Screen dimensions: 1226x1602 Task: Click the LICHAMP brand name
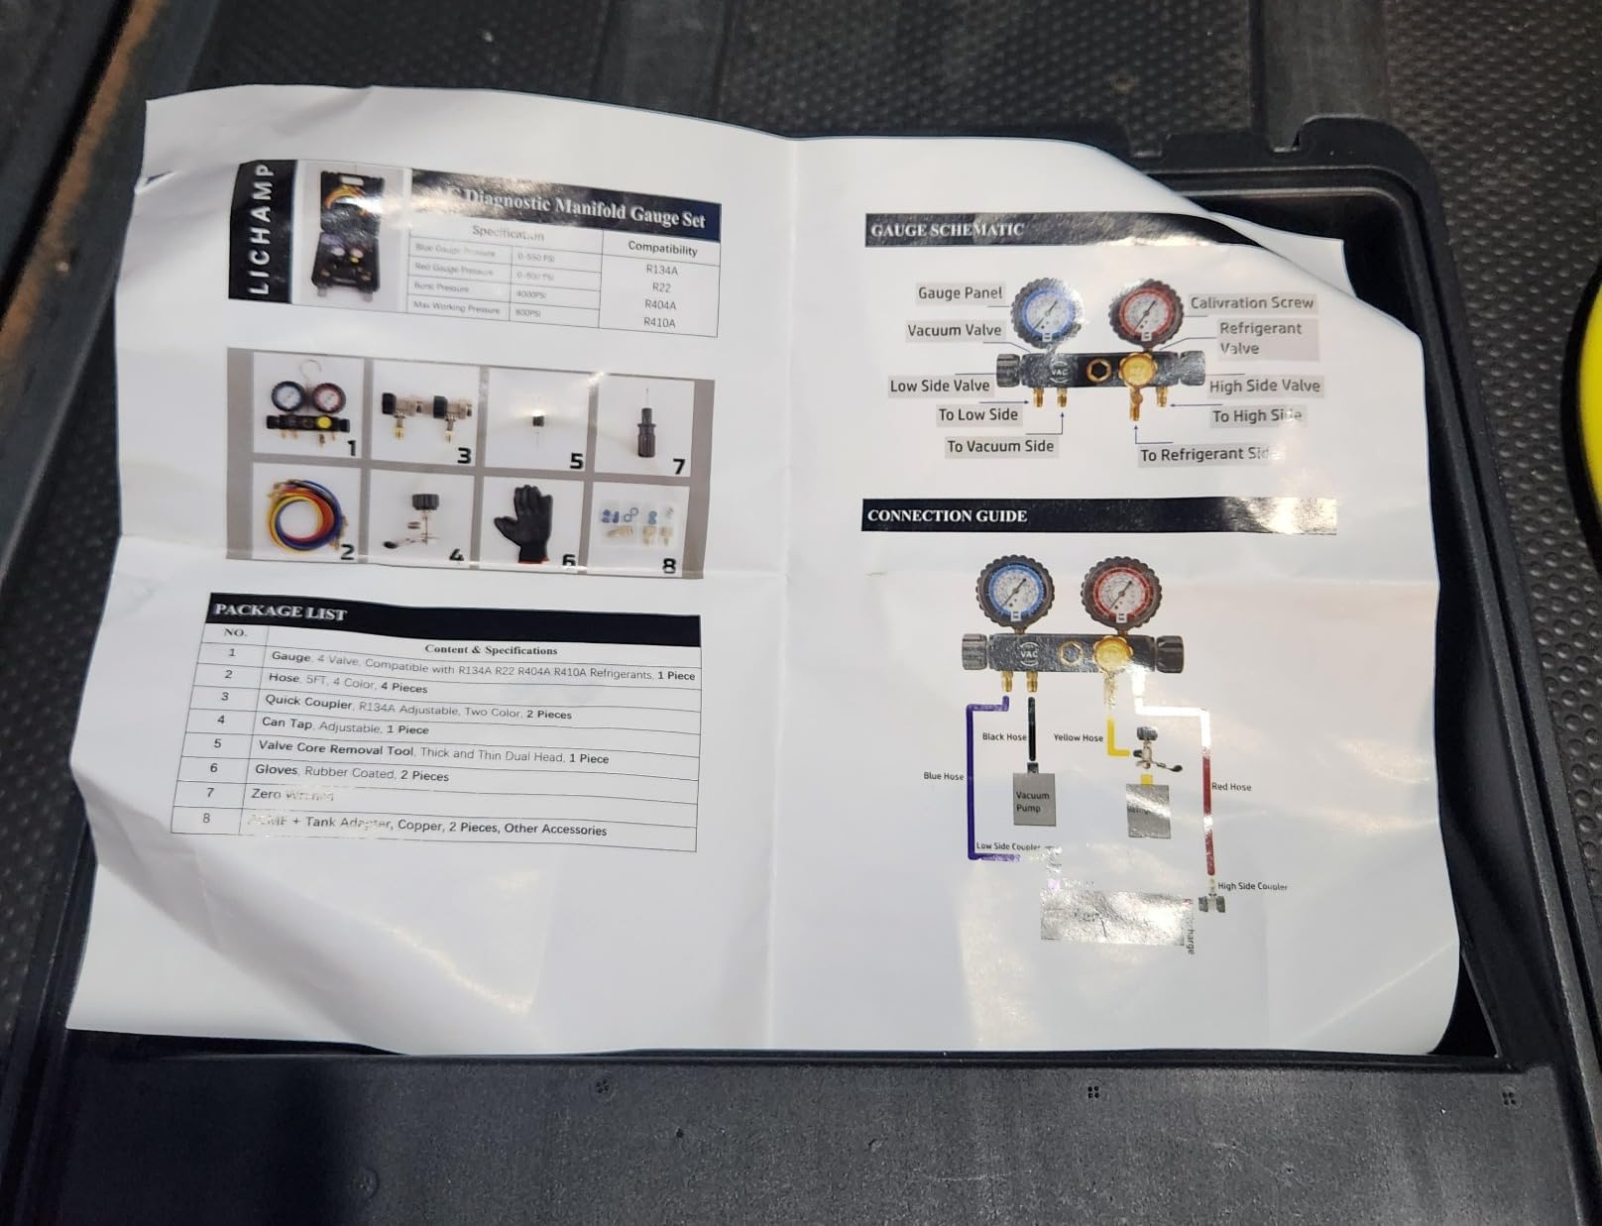(x=257, y=230)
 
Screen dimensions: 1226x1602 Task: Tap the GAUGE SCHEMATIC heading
(x=947, y=230)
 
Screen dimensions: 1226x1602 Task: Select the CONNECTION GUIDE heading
(x=947, y=515)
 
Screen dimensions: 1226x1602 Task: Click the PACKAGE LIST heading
(x=281, y=612)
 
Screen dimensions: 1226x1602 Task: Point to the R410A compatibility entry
(x=659, y=322)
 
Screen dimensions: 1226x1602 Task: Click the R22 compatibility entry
(x=660, y=287)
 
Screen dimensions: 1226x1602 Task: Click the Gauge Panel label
(x=960, y=292)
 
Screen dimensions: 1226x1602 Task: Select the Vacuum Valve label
(x=954, y=330)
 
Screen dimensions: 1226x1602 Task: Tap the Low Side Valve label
(x=939, y=386)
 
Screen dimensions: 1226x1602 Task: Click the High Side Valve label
(x=1264, y=386)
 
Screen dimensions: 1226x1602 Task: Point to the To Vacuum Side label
(x=999, y=446)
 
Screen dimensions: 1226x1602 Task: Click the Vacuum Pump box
(x=1031, y=801)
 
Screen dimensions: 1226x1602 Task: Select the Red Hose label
(x=1231, y=787)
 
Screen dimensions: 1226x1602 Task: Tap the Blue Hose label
(x=943, y=776)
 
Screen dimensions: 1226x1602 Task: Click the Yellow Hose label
(x=1078, y=737)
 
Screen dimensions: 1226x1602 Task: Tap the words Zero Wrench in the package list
(x=291, y=794)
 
